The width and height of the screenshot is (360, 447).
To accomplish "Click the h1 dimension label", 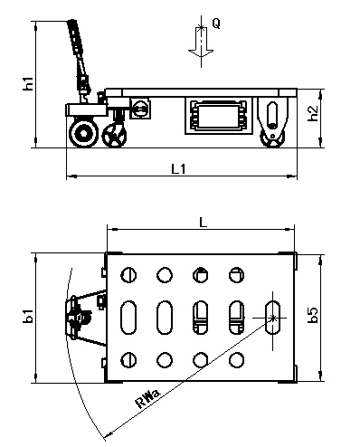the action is click(28, 83).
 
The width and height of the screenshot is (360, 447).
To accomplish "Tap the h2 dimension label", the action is click(313, 113).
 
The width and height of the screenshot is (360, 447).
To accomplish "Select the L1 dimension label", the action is click(178, 169).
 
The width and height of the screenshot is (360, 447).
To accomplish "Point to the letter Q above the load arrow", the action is click(216, 23).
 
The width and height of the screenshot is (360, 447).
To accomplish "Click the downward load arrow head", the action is click(201, 53).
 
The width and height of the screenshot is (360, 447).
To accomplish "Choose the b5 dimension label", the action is click(313, 315).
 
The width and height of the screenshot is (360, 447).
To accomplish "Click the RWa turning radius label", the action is click(147, 399).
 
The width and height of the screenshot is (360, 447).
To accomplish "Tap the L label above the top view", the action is click(204, 223).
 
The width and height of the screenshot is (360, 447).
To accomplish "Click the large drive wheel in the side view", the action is click(84, 133).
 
